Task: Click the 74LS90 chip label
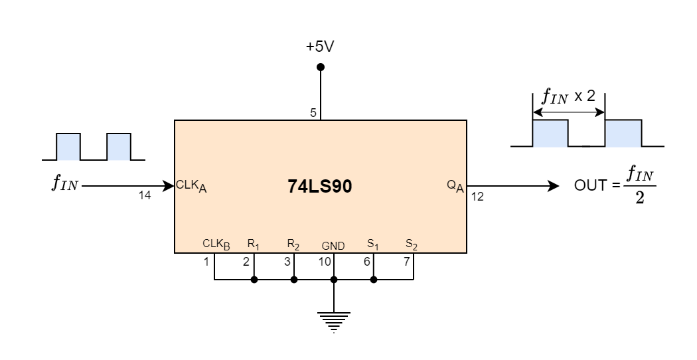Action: coord(320,187)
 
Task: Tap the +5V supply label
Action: coord(321,47)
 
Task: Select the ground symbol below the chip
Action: coord(333,320)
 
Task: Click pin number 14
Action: coord(145,195)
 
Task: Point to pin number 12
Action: coord(478,196)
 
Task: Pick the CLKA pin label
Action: coord(191,186)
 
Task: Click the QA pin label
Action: coord(455,186)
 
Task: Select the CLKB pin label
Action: coord(216,244)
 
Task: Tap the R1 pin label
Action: coord(253,244)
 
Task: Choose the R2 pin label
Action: coord(293,244)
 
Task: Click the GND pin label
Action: coord(333,246)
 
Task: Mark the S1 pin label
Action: coord(373,244)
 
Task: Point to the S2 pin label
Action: coord(412,244)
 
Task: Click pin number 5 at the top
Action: coord(313,113)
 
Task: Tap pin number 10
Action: coord(325,262)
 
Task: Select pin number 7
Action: coord(406,262)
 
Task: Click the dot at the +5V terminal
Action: coord(321,67)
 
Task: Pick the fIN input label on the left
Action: coord(64,184)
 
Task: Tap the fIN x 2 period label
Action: coord(569,97)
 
